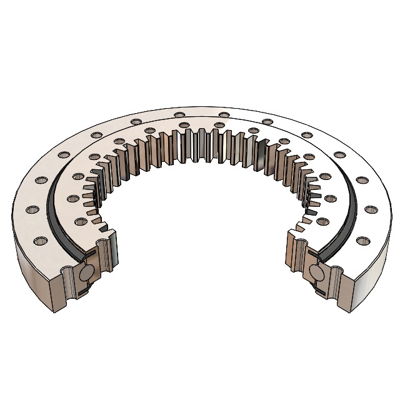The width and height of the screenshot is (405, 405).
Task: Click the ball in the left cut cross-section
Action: pos(87,273)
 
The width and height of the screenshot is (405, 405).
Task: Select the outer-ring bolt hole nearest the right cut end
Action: pos(361,239)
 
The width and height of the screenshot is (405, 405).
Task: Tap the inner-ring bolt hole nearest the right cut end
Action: pos(322,221)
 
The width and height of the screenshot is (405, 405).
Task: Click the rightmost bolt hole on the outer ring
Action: pos(374,208)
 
